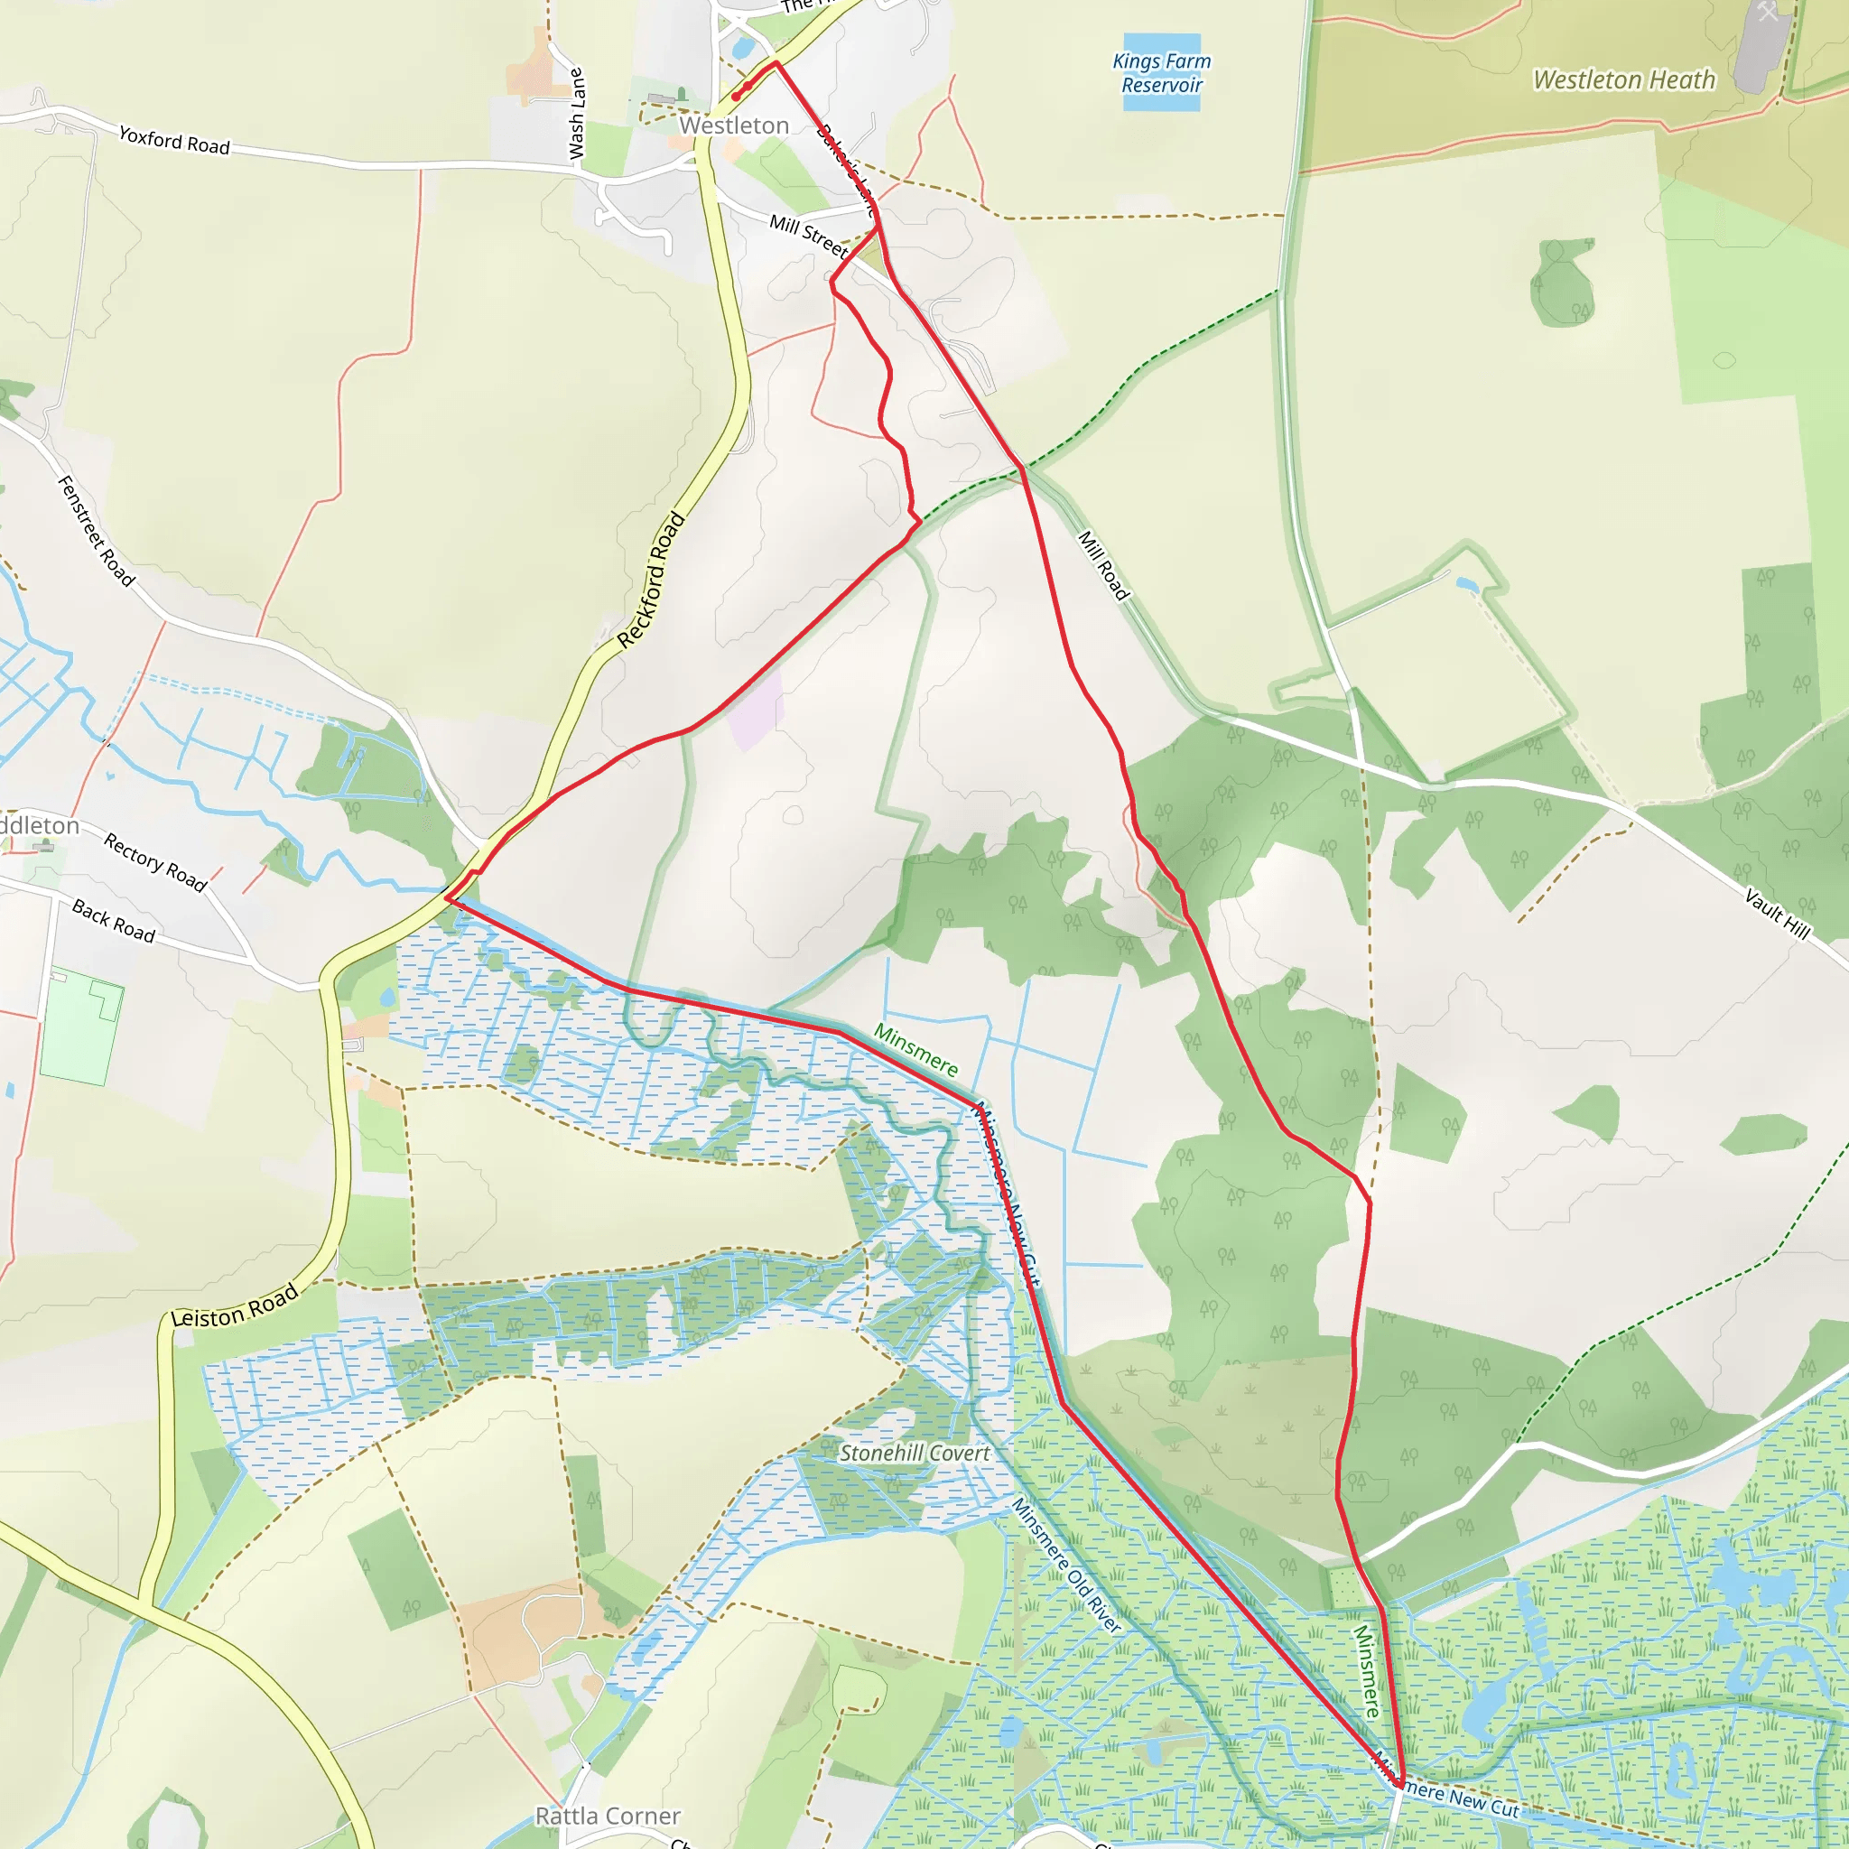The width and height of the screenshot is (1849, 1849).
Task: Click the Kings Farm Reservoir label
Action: tap(1161, 73)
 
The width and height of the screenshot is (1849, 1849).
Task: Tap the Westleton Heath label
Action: tap(1624, 79)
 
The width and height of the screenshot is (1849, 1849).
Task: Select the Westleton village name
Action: tap(734, 125)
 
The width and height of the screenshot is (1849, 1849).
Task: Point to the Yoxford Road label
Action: tap(174, 142)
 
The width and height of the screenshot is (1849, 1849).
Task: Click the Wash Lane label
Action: tap(576, 113)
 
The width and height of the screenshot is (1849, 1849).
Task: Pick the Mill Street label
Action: tap(809, 236)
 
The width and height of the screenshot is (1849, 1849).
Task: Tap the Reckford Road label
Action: tap(651, 580)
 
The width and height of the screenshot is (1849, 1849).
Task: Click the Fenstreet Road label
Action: tap(96, 530)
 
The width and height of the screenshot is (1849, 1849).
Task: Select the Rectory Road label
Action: tap(155, 861)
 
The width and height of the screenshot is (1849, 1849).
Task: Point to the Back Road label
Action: tap(113, 921)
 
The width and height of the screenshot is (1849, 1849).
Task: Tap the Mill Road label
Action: tap(1103, 565)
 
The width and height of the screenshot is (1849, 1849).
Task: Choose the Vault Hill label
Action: tap(1776, 913)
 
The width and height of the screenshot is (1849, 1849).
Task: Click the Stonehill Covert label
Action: tap(914, 1453)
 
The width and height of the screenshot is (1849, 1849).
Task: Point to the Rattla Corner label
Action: tap(608, 1816)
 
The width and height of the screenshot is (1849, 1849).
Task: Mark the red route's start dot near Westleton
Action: tap(735, 97)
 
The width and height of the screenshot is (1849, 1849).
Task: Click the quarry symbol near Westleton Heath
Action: tap(1768, 12)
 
